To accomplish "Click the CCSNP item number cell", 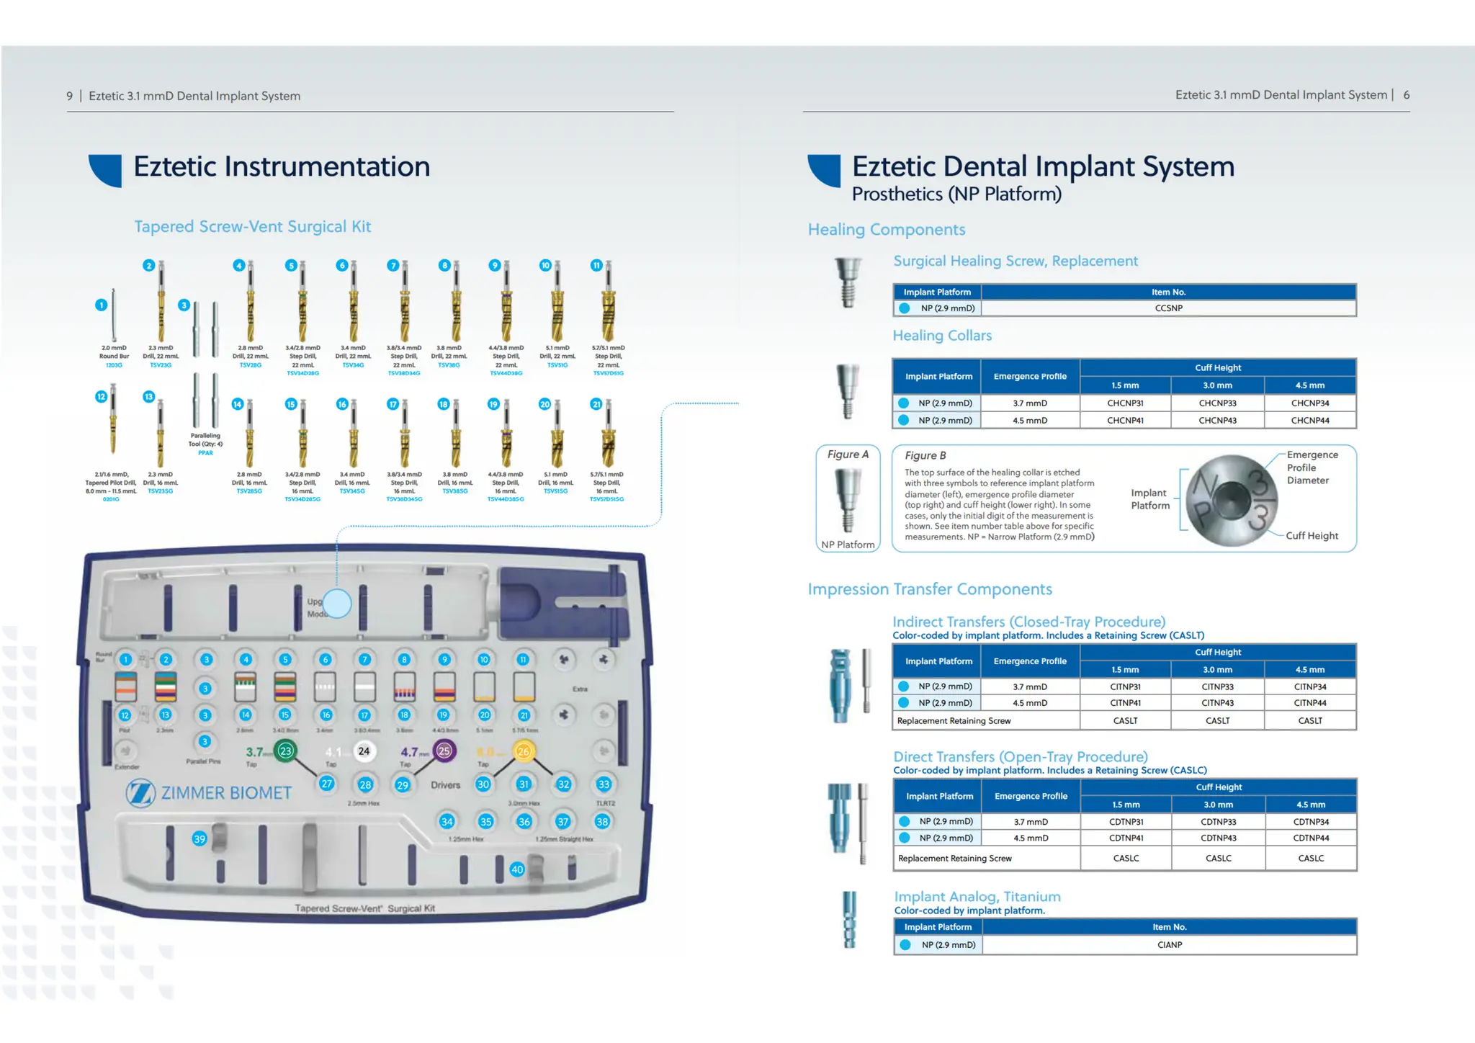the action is [x=1168, y=308].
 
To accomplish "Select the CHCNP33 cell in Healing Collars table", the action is [x=1217, y=403].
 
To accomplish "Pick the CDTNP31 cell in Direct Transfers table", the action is [x=1126, y=822].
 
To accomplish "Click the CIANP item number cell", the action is [x=1169, y=945].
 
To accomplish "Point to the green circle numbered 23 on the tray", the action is [x=286, y=751].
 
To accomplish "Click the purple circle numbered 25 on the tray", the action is [x=444, y=751].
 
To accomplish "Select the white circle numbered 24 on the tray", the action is [x=364, y=751].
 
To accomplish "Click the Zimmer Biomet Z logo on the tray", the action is [x=140, y=793].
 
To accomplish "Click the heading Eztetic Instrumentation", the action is [x=282, y=167].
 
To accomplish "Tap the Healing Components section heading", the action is [x=886, y=230].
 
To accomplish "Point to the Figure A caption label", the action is [x=848, y=455].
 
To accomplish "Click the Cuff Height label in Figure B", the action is [x=1312, y=536].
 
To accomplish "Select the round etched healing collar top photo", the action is [x=1231, y=500].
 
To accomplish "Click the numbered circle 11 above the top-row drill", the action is [x=596, y=266].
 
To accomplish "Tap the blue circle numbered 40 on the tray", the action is [x=517, y=869].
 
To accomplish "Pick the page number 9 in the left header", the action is [x=70, y=97].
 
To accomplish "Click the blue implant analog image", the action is [x=850, y=920].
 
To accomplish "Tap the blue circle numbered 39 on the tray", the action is [x=199, y=839].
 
